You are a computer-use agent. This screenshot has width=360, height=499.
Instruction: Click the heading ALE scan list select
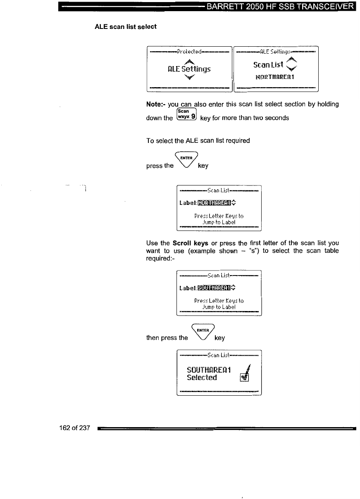[x=126, y=26]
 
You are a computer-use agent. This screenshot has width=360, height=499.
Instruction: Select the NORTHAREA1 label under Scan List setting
[x=274, y=76]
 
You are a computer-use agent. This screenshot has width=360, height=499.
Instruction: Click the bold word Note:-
[x=156, y=105]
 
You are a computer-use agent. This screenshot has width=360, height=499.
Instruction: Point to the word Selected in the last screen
[x=202, y=378]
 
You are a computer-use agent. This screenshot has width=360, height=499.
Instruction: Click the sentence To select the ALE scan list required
[x=198, y=140]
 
